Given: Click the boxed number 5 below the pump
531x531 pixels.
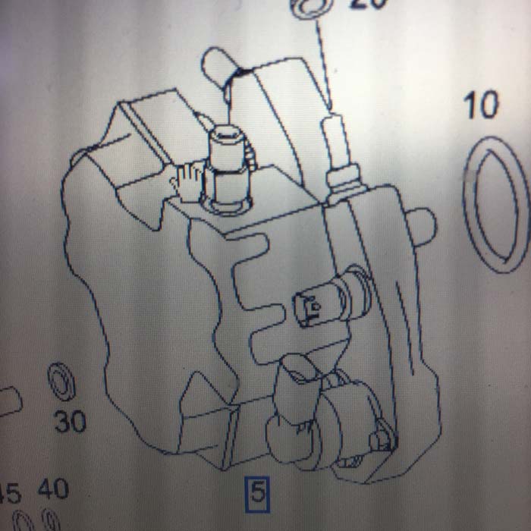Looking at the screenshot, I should pyautogui.click(x=257, y=494).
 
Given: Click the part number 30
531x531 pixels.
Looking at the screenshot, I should pyautogui.click(x=70, y=421).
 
